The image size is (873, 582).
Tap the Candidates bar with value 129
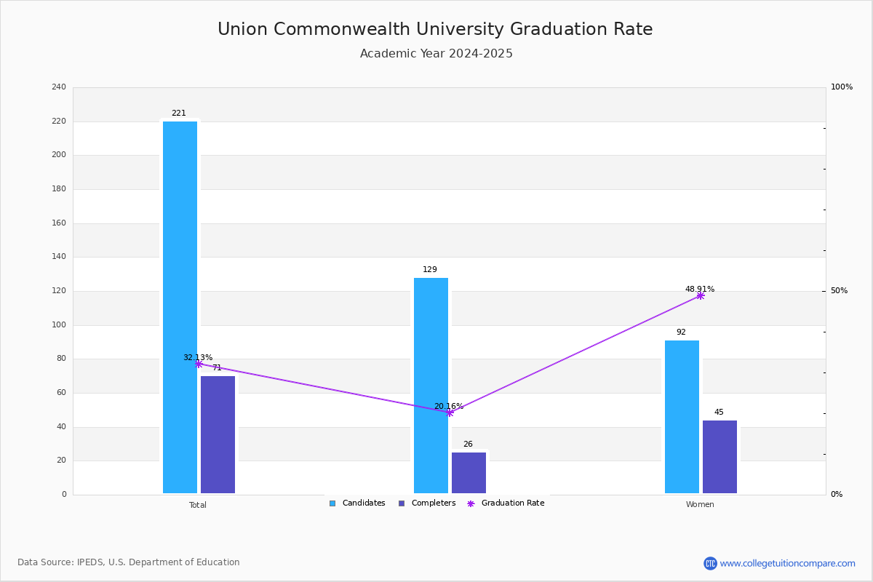431,386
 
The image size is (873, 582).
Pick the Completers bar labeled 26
469,473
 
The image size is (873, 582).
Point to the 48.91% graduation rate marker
700,296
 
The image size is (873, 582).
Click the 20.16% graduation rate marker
449,412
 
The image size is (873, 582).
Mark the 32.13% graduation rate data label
198,357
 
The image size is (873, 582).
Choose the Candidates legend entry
357,503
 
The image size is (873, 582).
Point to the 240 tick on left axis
59,87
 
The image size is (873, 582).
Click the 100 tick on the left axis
59,325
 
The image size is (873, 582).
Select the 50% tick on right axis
839,291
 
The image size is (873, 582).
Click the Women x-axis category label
700,505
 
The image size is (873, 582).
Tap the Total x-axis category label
198,505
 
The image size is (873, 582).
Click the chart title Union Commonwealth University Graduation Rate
435,29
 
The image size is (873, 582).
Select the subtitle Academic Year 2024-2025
436,54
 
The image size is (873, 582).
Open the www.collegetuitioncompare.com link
787,563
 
